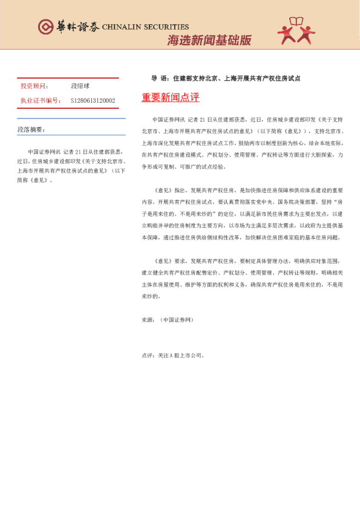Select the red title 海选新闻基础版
[x=209, y=41]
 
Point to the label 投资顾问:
[x=34, y=86]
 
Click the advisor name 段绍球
[x=80, y=86]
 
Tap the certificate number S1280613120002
[x=93, y=100]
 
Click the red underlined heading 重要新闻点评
[x=170, y=97]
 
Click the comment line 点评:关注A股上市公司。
[x=173, y=355]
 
